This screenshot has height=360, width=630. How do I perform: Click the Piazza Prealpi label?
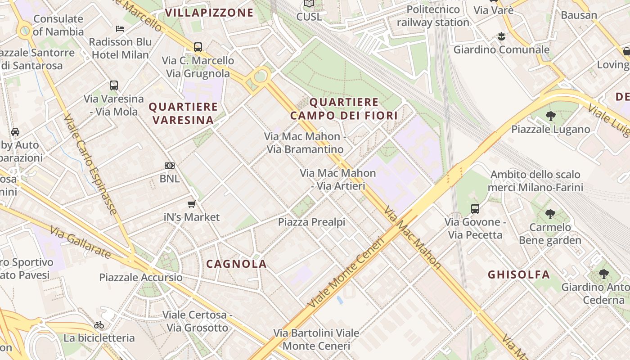click(311, 222)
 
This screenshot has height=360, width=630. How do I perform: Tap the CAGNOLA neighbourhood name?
click(236, 264)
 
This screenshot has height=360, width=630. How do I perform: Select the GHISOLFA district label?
click(519, 274)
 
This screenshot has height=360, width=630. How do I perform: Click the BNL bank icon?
click(170, 166)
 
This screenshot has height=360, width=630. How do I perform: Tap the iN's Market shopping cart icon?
click(191, 204)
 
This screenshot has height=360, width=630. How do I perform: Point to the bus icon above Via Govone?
click(475, 208)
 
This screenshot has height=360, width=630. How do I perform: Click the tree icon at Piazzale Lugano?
click(550, 116)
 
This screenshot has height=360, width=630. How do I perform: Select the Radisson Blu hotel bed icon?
click(120, 28)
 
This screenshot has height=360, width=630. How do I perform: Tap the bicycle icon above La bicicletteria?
click(99, 325)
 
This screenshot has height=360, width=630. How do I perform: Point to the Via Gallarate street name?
click(80, 243)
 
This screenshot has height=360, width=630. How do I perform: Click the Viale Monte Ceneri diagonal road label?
click(346, 273)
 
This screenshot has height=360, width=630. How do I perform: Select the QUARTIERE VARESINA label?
click(183, 113)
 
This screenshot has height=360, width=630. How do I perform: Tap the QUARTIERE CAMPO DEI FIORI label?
click(344, 109)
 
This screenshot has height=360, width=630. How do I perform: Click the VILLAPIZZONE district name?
click(209, 13)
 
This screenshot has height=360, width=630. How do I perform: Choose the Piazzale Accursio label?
click(141, 277)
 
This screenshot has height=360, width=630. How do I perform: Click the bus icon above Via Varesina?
click(114, 85)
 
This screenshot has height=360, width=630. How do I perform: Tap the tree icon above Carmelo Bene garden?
click(550, 214)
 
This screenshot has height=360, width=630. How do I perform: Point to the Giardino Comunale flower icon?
click(501, 36)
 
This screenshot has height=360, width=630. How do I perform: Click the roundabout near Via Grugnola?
click(261, 76)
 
